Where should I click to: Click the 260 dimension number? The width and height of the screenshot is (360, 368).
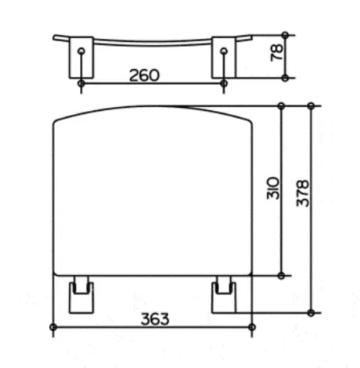(x=144, y=75)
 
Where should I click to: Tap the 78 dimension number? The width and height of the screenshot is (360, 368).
(x=277, y=53)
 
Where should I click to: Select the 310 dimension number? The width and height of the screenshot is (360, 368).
(x=273, y=188)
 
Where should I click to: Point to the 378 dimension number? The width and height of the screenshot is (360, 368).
(x=303, y=194)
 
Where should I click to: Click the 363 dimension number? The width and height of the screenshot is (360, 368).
(x=155, y=319)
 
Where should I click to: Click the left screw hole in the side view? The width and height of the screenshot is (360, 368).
(x=82, y=51)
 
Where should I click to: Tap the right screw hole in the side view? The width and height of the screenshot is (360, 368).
(x=224, y=51)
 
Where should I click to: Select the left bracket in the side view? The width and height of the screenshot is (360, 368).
(x=81, y=58)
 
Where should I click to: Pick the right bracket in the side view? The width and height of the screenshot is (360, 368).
(x=224, y=58)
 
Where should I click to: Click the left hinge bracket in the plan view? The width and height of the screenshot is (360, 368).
(x=81, y=295)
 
